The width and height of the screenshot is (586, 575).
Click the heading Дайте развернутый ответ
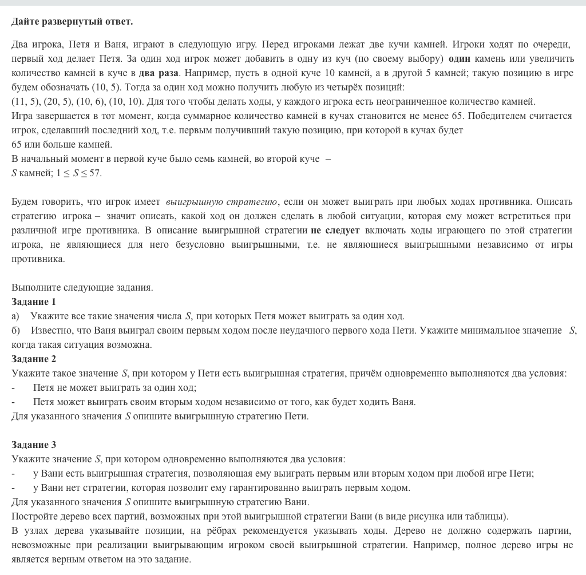tap(72, 22)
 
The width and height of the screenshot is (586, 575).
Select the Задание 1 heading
tap(34, 302)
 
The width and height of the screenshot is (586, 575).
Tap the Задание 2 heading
tap(34, 359)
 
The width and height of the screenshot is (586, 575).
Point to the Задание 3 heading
tap(34, 445)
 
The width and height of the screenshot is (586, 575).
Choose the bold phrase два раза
tap(159, 73)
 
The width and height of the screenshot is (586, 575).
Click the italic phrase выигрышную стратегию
tap(221, 202)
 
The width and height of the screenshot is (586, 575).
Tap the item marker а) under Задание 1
tap(15, 316)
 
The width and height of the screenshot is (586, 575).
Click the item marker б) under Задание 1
tap(15, 331)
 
